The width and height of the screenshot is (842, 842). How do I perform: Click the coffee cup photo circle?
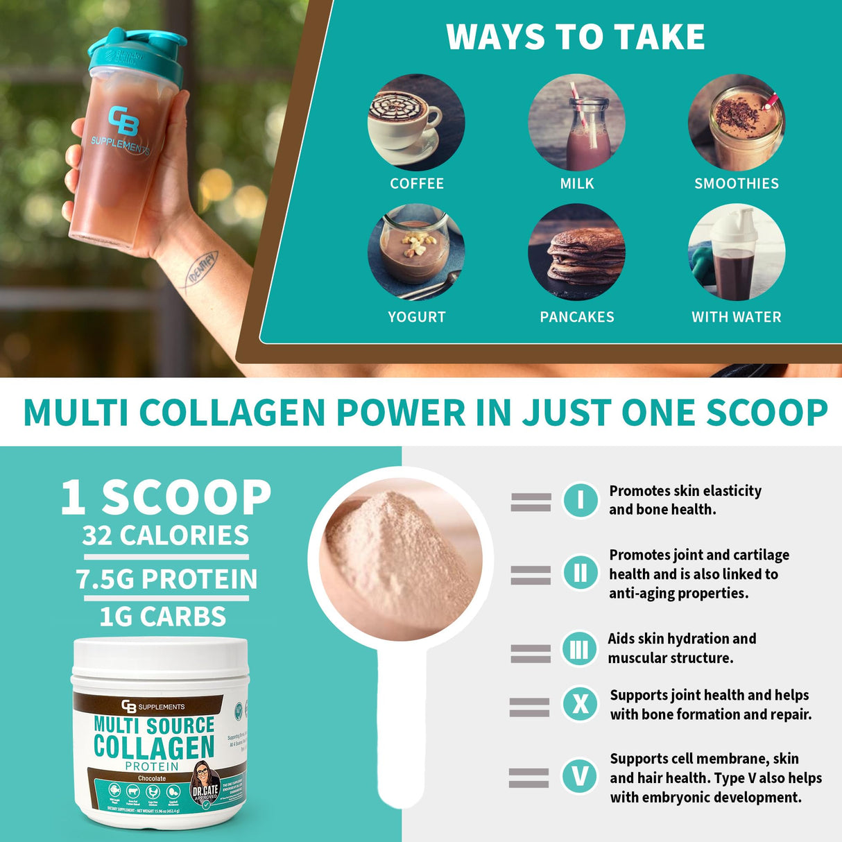416,123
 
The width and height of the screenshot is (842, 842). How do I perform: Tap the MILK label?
577,184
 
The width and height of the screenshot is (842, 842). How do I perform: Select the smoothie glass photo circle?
737,123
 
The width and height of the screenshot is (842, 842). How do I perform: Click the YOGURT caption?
416,317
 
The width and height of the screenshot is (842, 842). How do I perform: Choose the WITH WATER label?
737,317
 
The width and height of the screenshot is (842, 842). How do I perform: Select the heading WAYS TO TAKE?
576,37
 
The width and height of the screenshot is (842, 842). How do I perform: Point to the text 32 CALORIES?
165,535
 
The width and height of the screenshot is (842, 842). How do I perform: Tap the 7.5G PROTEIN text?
166,579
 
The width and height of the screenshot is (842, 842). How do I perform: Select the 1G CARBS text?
163,617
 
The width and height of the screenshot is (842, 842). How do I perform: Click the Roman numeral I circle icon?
580,500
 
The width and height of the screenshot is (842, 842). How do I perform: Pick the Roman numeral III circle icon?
579,649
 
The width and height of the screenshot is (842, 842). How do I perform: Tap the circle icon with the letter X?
580,705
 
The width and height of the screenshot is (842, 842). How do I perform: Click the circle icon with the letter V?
580,776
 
